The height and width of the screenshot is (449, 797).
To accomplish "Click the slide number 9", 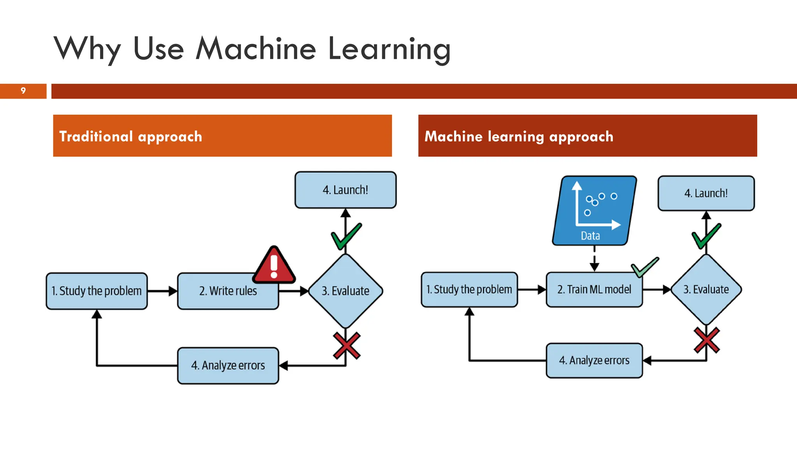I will pos(23,91).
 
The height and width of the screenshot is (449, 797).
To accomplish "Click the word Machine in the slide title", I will pos(255,49).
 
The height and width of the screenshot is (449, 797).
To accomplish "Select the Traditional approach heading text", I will pos(130,136).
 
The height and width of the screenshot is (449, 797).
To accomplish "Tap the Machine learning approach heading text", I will pos(518,136).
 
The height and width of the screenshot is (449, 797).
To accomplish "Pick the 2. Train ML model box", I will pos(594,290).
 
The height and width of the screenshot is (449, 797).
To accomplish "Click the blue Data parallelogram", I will pos(594,210).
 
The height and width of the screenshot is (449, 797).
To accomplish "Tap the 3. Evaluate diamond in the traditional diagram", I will pos(345,291).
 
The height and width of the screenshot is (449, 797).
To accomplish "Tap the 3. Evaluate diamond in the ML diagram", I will pos(706,290).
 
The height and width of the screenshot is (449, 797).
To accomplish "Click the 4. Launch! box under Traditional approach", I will pos(345,190).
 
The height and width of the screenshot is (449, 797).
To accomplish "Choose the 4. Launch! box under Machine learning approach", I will pos(706,193).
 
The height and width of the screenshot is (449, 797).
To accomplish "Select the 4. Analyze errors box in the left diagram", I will pos(228,366).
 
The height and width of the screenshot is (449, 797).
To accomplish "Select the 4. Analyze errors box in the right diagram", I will pos(594,361).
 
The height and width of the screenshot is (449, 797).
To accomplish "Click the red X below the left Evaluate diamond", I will pos(346,345).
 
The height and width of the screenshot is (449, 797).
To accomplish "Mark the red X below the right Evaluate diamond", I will pos(707,340).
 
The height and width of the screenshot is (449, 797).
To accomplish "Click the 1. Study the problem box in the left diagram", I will pos(97,291).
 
